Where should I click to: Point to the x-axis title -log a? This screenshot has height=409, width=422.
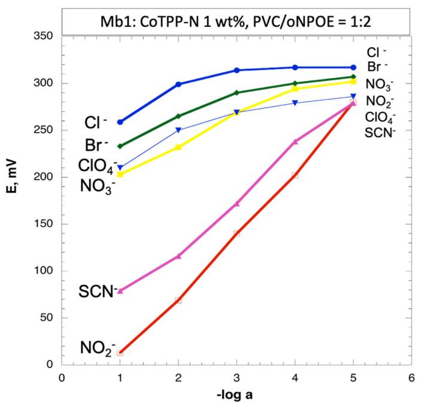tap(236, 396)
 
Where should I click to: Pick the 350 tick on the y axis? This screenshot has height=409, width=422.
tap(45, 37)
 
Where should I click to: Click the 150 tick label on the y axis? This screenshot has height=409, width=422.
tap(45, 224)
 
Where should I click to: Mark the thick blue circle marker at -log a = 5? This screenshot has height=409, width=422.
tap(353, 68)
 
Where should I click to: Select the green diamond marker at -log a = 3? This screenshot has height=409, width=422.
tap(236, 93)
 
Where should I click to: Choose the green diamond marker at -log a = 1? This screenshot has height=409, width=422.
tap(120, 146)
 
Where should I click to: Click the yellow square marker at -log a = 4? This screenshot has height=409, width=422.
tap(295, 89)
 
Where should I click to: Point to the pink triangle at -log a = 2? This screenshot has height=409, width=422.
tap(178, 256)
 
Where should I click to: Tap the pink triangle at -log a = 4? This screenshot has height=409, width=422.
tap(295, 141)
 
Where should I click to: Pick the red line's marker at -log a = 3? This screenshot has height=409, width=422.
tap(236, 233)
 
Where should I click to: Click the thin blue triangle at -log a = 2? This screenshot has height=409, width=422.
tap(178, 130)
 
